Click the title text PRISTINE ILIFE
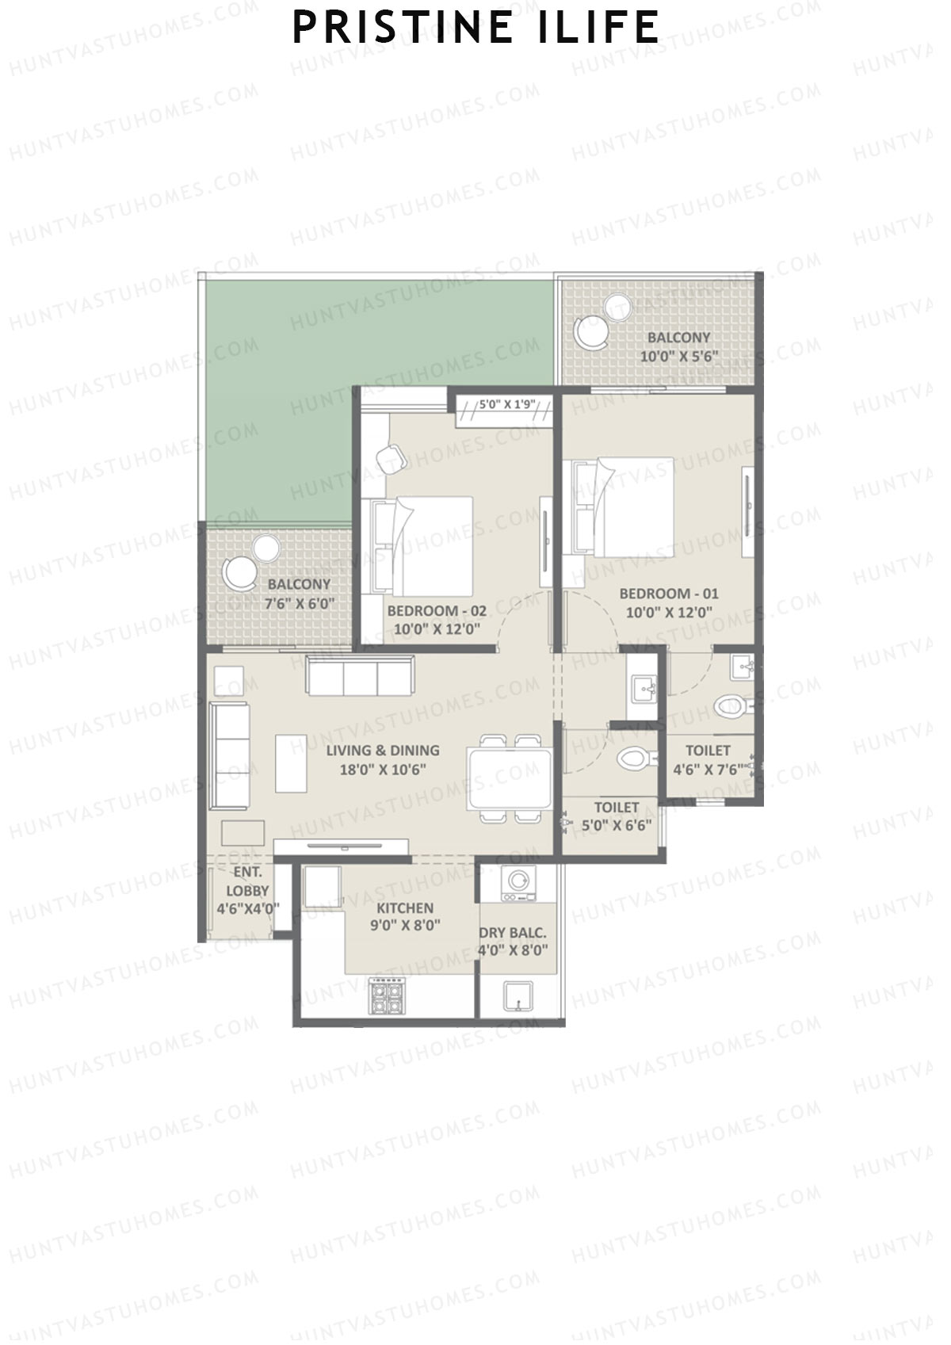coord(475,28)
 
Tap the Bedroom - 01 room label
coord(669,594)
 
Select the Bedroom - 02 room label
coord(437,611)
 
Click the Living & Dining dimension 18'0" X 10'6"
coord(383,768)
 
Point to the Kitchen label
coord(404,908)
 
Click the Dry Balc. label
coord(514,933)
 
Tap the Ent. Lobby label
coord(247,881)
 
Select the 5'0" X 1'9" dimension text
coord(508,405)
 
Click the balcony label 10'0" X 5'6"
coord(679,356)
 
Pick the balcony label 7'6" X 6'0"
coord(299,602)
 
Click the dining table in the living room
coord(509,778)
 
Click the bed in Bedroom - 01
coord(623,506)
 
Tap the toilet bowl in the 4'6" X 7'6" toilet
coord(728,705)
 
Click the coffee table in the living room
coord(291,762)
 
